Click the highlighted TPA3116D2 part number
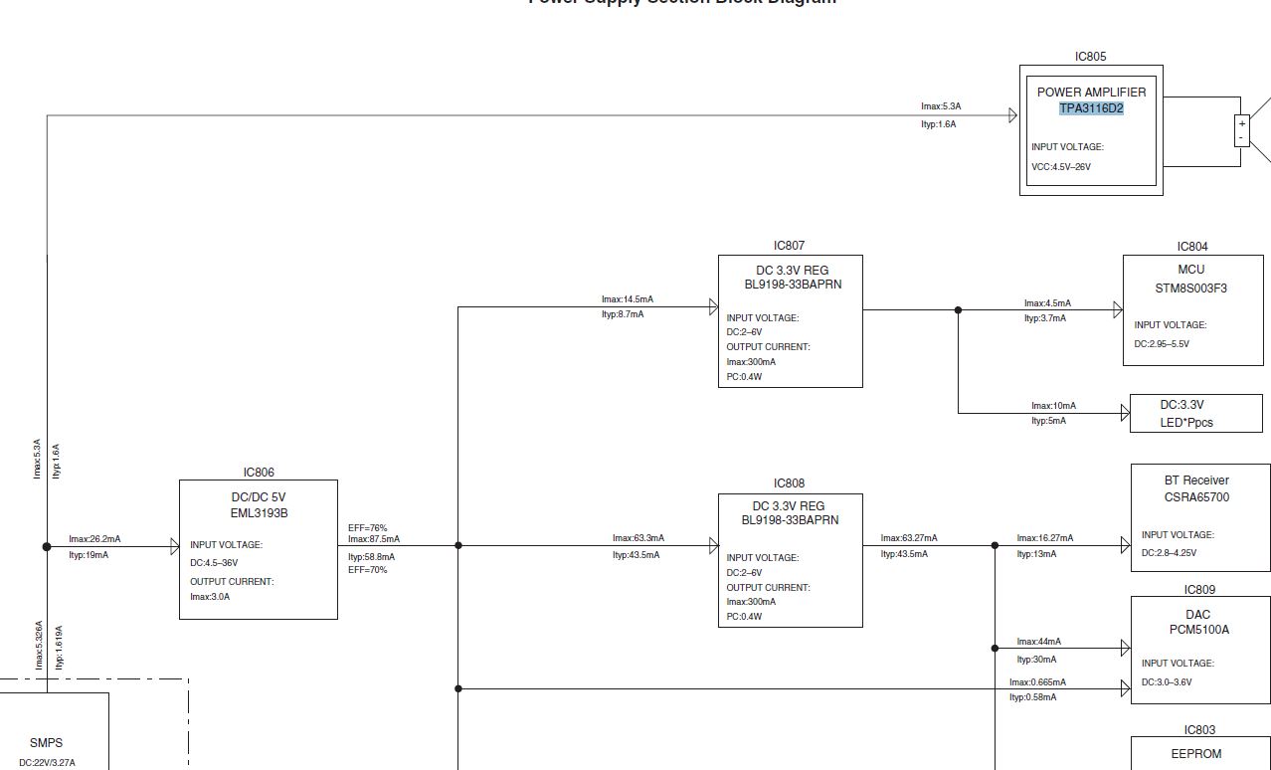coord(1091,108)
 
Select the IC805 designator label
coord(1090,57)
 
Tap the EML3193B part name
coord(259,513)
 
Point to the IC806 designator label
coord(259,473)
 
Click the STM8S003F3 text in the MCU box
coord(1190,289)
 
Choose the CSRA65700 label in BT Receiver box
coord(1196,497)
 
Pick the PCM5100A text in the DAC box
coord(1198,630)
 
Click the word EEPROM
coord(1196,754)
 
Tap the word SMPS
coord(46,743)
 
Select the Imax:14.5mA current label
coord(628,299)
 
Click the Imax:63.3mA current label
coord(638,538)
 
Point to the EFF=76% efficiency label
coord(368,528)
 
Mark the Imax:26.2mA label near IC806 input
coord(94,539)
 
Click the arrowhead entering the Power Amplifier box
coord(1013,115)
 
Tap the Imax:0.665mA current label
coord(1037,682)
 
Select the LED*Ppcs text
coord(1186,423)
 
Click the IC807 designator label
coord(789,246)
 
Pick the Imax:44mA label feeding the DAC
coord(1038,642)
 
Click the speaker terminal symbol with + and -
coord(1242,130)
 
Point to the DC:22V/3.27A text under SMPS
coord(47,763)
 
